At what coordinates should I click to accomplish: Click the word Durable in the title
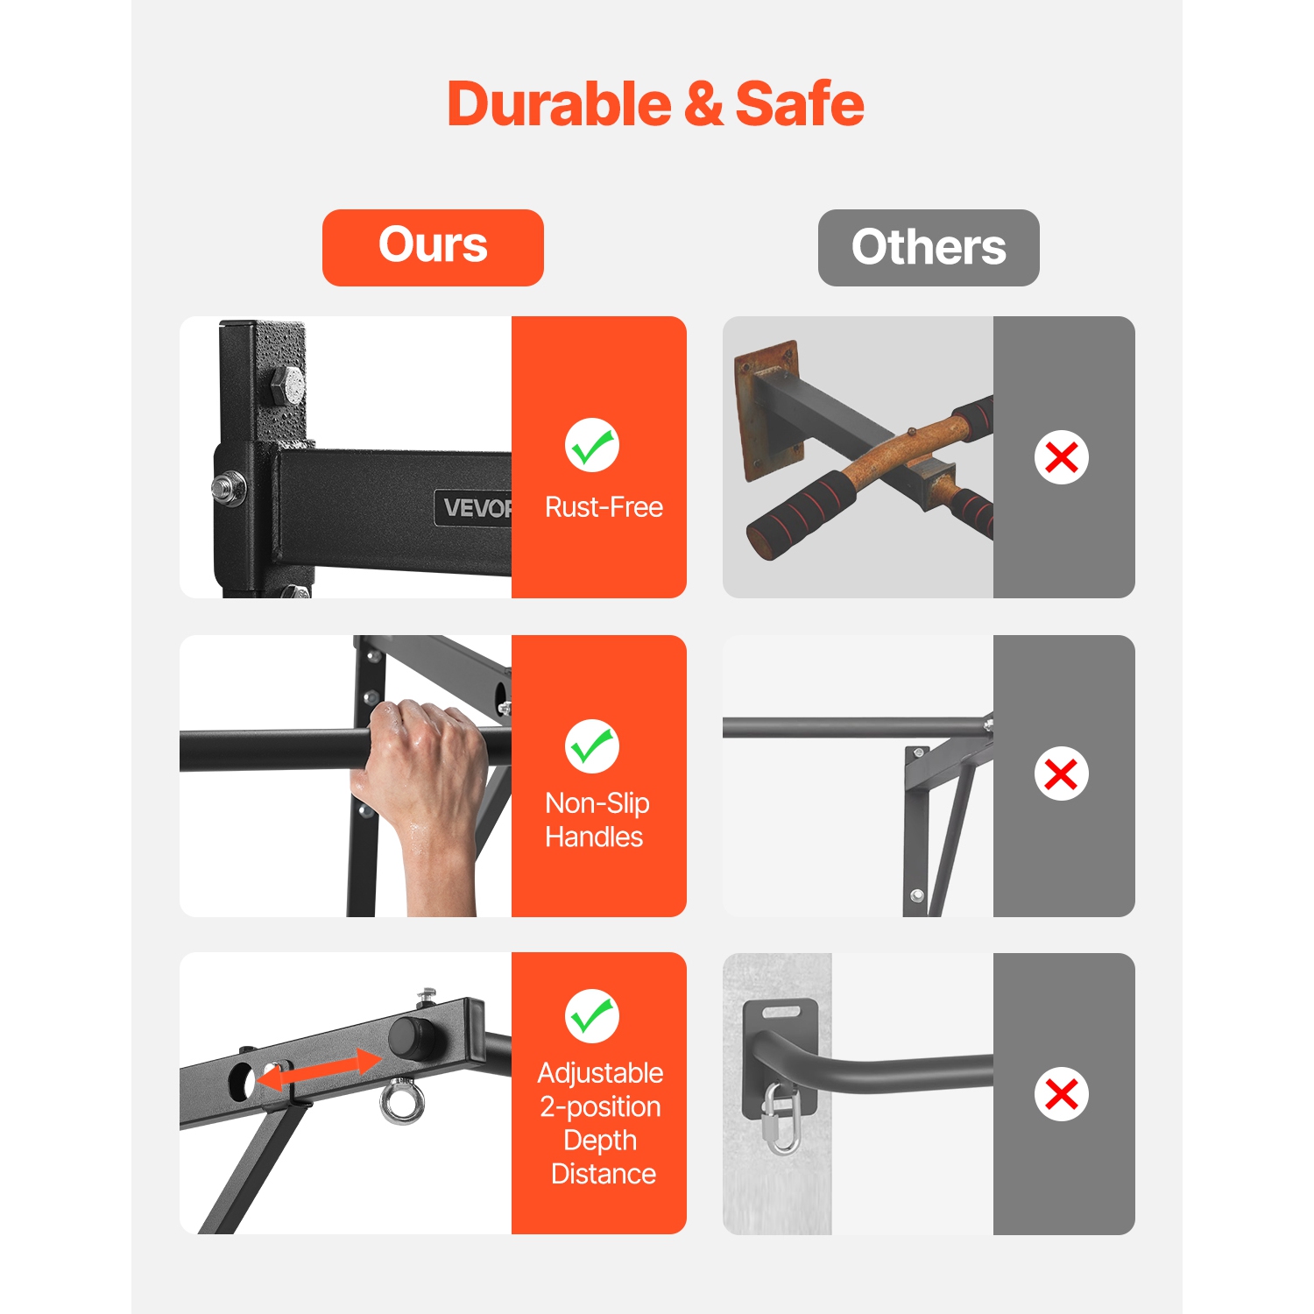coord(560,104)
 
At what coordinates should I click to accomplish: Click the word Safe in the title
coord(800,104)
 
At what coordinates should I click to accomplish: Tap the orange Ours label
coord(433,247)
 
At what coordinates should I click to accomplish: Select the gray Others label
coord(929,247)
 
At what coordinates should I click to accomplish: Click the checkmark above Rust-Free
coord(592,445)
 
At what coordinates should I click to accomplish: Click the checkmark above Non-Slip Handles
coord(592,746)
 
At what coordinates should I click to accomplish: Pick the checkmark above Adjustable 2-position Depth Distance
coord(592,1016)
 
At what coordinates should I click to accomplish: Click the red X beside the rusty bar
coord(1062,457)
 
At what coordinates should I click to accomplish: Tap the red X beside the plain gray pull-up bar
coord(1062,774)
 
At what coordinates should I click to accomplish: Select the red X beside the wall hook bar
coord(1062,1094)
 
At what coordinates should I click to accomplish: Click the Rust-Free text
coord(604,507)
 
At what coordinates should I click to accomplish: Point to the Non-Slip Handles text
coord(597,820)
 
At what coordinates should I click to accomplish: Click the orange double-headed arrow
coord(320,1071)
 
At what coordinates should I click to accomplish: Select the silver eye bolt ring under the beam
coord(402,1102)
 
